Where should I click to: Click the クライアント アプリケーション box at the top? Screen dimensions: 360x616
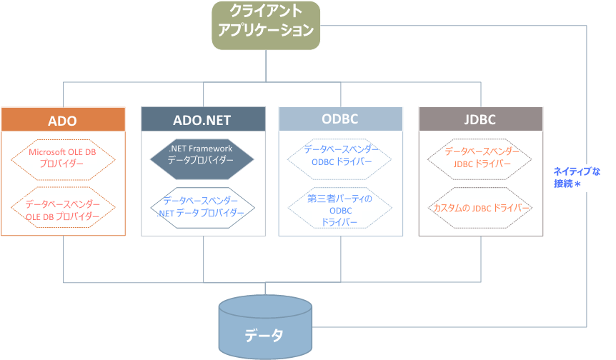265,25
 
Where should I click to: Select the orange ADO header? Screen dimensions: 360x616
63,119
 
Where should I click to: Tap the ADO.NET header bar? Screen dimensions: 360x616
204,119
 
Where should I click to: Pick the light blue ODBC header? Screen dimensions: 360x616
340,119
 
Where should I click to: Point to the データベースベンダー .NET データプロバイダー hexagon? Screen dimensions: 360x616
202,207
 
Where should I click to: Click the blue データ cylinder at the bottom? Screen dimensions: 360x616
265,329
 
